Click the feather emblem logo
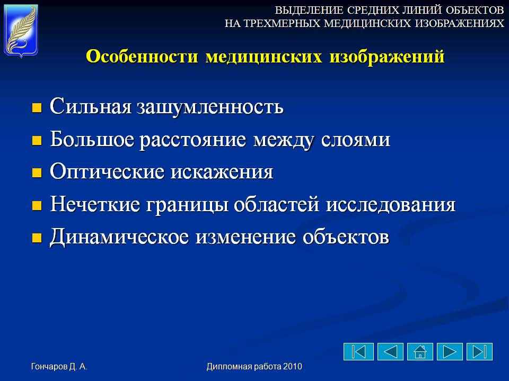click(x=21, y=31)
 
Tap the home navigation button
click(x=420, y=351)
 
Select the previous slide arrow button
click(x=391, y=351)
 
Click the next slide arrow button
click(x=450, y=351)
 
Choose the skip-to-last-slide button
click(x=479, y=351)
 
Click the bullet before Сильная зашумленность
click(x=37, y=107)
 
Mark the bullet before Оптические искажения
click(x=37, y=173)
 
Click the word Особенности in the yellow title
click(x=142, y=56)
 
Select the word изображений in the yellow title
click(x=387, y=57)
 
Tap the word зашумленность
click(x=210, y=106)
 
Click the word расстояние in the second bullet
click(x=194, y=140)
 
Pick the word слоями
click(x=355, y=140)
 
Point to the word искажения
click(x=222, y=172)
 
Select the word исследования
click(x=391, y=205)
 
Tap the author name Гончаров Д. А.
click(x=59, y=366)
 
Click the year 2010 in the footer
click(x=293, y=366)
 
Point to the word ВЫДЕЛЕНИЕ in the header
click(x=309, y=11)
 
